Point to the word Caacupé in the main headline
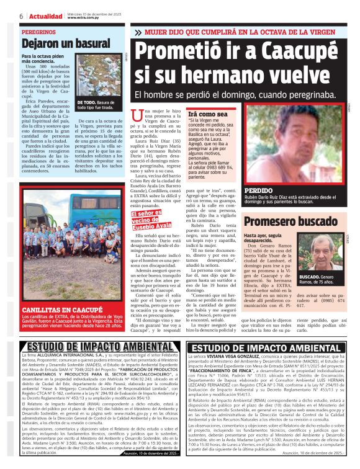[283, 51]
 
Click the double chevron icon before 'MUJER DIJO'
[138, 31]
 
